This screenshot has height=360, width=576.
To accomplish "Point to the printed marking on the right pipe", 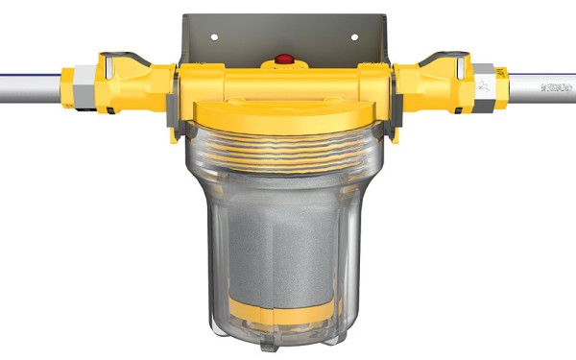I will (x=556, y=87).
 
